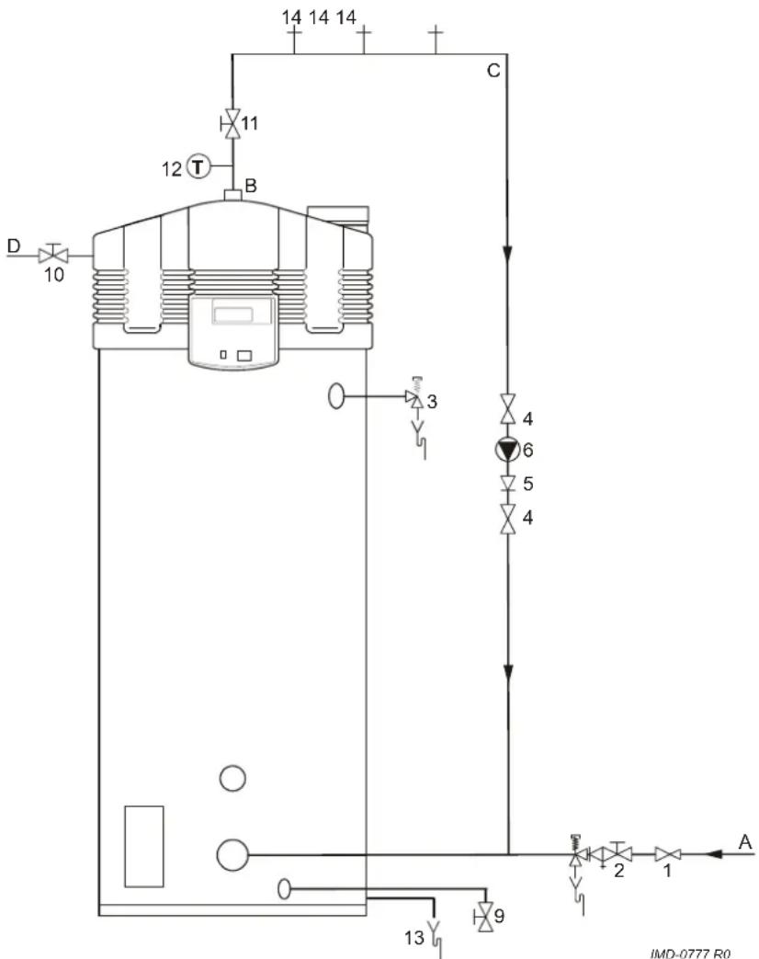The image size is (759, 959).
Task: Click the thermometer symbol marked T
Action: tap(198, 166)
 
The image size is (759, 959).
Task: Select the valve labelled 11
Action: tap(231, 124)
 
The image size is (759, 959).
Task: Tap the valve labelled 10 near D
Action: tap(54, 255)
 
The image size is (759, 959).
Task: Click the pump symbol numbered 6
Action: tap(506, 451)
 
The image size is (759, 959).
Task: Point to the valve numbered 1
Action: tap(667, 854)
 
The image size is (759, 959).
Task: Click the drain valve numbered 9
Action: tap(486, 917)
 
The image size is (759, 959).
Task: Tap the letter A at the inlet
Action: tap(745, 842)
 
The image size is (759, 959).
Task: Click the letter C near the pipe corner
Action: tap(493, 71)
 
